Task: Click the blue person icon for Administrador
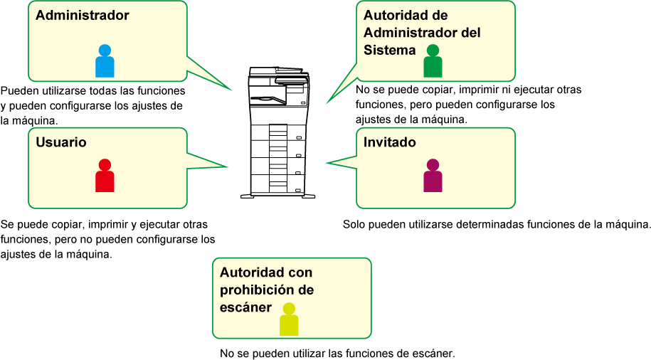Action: [105, 60]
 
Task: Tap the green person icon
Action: [433, 60]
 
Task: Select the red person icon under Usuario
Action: [105, 175]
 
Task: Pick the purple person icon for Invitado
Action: [433, 175]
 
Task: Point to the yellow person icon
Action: [289, 319]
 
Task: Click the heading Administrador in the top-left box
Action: [83, 16]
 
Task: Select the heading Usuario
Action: [61, 142]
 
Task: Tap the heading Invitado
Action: [389, 142]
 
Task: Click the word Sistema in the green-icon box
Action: [389, 51]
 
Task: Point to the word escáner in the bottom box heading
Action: [245, 307]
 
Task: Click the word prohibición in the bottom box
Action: [258, 290]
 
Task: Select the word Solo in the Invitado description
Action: [354, 225]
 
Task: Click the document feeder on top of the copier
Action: [275, 71]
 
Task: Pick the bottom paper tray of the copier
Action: [278, 184]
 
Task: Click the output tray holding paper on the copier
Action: [268, 99]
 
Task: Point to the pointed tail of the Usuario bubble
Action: [227, 167]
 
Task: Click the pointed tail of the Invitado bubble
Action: [327, 163]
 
